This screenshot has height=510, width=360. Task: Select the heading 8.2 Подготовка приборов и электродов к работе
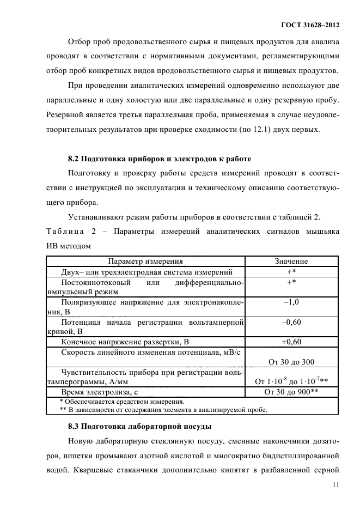(159, 159)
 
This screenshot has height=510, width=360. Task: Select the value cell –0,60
(291, 322)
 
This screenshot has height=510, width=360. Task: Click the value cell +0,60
(291, 342)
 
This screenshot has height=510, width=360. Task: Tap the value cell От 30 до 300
(291, 361)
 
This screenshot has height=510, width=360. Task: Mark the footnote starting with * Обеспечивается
(121, 401)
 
